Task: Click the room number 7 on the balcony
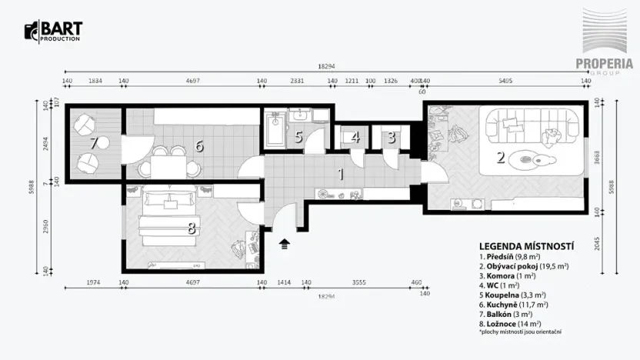tap(94, 143)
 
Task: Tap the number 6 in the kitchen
tap(198, 145)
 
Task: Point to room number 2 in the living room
tap(501, 158)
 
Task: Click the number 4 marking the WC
tap(355, 138)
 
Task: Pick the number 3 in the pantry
tap(391, 138)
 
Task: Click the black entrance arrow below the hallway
tap(285, 245)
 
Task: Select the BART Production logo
tap(53, 32)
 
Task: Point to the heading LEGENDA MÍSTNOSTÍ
tap(526, 245)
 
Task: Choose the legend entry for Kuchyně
tap(512, 305)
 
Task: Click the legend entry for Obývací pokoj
tap(523, 266)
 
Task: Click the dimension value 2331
tap(296, 79)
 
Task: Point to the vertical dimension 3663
tap(609, 159)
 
